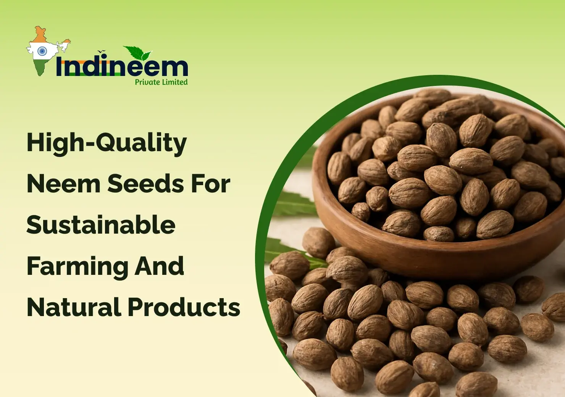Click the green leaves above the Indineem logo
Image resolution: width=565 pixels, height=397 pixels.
click(137, 53)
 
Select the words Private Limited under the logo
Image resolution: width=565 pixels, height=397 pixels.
click(161, 82)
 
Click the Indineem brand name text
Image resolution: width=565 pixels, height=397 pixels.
click(121, 67)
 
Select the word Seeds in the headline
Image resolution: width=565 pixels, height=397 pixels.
click(145, 184)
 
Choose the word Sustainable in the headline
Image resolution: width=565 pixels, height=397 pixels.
click(101, 225)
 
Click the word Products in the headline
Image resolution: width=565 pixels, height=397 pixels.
click(184, 307)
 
